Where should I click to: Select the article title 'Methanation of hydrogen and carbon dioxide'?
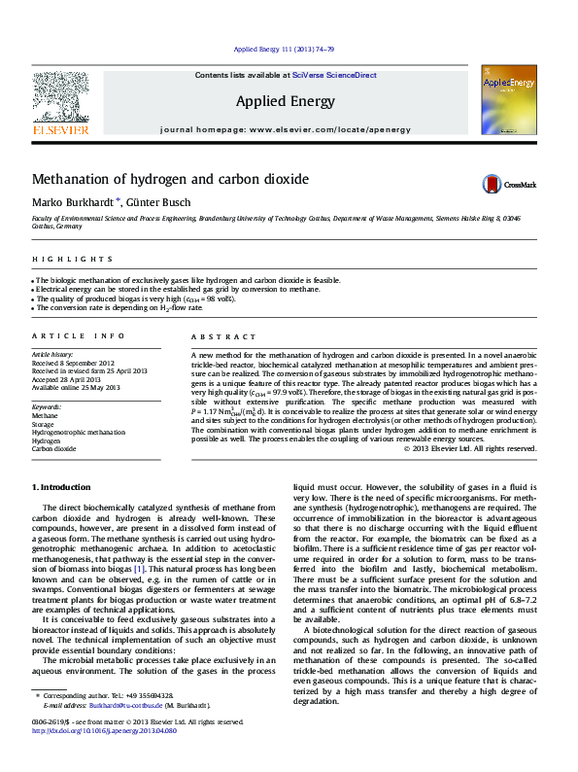(x=171, y=180)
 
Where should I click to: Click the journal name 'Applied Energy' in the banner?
(x=286, y=101)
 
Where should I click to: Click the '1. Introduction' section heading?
(x=63, y=486)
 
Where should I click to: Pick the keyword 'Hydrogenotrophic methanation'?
(x=78, y=432)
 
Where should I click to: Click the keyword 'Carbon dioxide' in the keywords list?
(x=53, y=449)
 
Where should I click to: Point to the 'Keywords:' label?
(x=48, y=406)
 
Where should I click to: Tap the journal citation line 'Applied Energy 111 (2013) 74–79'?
(x=286, y=50)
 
